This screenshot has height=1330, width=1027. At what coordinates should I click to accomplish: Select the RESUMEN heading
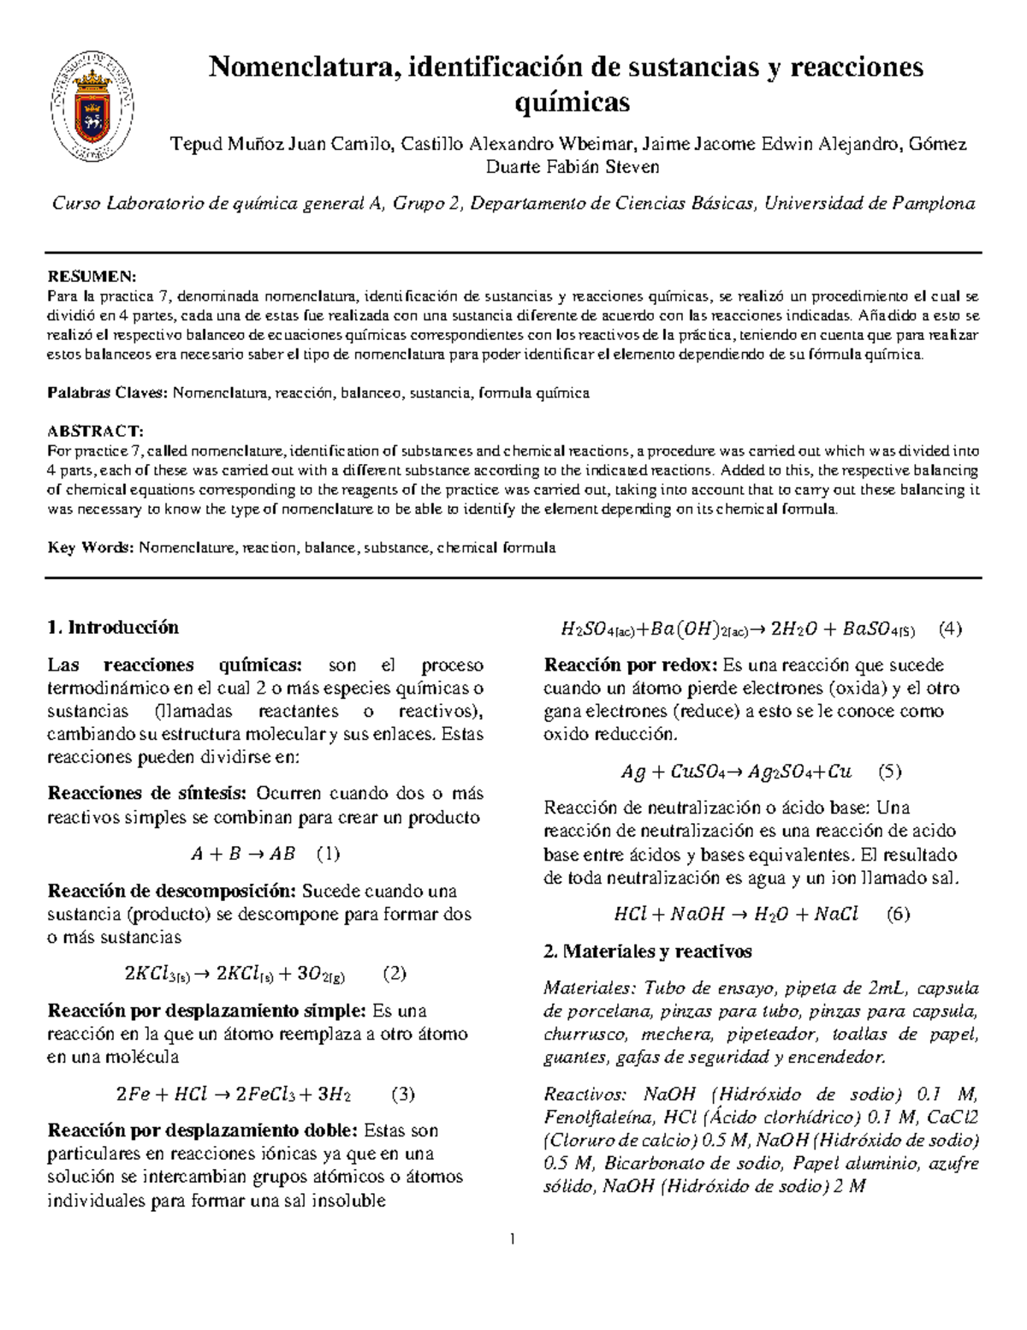(90, 277)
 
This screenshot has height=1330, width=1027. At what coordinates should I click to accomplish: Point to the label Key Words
(89, 547)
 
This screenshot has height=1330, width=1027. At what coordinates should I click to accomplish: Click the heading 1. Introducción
(113, 627)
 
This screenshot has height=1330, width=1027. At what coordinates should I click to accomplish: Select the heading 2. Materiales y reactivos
(648, 951)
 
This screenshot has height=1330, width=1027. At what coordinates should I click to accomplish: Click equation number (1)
(328, 853)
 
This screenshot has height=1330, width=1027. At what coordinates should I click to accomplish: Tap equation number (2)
(394, 973)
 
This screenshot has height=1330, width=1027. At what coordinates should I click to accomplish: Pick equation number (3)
(402, 1094)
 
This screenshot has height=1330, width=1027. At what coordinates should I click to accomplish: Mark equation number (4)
(950, 629)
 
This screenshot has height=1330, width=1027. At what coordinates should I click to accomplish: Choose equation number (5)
(890, 772)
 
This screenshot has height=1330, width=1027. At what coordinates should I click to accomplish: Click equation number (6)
(898, 914)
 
